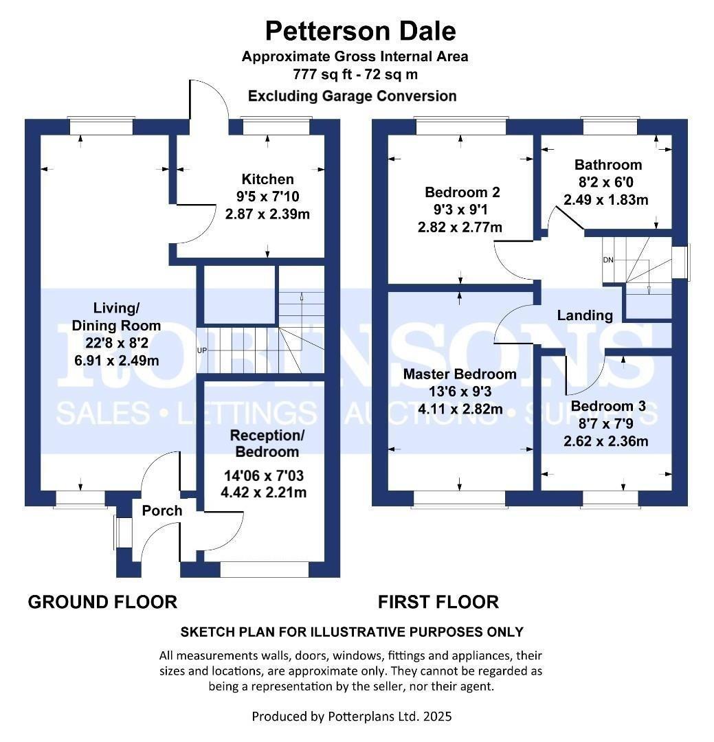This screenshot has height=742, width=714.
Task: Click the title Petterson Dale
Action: pyautogui.click(x=360, y=31)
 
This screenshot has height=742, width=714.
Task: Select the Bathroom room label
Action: pyautogui.click(x=608, y=165)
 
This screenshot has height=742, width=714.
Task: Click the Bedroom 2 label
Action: pyautogui.click(x=462, y=192)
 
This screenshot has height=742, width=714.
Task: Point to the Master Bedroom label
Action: pyautogui.click(x=460, y=374)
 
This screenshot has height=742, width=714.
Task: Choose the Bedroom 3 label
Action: pyautogui.click(x=608, y=406)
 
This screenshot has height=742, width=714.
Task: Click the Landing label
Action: pyautogui.click(x=585, y=315)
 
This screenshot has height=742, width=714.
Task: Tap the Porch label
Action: pyautogui.click(x=162, y=510)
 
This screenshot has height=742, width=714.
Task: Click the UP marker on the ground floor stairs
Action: pyautogui.click(x=202, y=350)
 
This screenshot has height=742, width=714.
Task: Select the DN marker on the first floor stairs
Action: pyautogui.click(x=607, y=260)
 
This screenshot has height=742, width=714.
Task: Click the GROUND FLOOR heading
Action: pyautogui.click(x=102, y=603)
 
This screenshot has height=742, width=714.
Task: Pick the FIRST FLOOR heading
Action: pyautogui.click(x=438, y=603)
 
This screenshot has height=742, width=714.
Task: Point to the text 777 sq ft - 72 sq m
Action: pyautogui.click(x=355, y=74)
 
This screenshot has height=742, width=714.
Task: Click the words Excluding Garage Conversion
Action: pyautogui.click(x=352, y=96)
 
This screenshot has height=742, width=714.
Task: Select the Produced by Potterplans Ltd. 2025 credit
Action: pyautogui.click(x=352, y=717)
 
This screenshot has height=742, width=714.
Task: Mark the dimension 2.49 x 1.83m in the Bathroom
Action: pyautogui.click(x=606, y=200)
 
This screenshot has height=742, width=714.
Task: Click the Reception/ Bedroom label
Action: pyautogui.click(x=267, y=443)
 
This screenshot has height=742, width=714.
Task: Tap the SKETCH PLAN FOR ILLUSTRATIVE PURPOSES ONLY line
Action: pyautogui.click(x=351, y=632)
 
